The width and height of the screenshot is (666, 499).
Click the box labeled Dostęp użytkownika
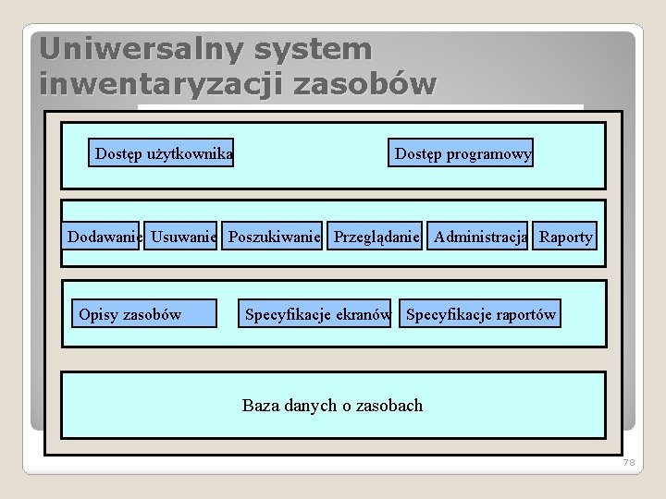[x=163, y=153]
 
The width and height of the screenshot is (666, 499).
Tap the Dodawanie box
[x=103, y=237]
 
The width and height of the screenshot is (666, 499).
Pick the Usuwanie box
[x=183, y=237]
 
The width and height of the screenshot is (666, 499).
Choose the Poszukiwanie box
[x=274, y=237]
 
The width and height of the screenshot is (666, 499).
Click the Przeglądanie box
[x=376, y=237]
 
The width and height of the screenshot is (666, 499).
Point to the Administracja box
[x=479, y=237]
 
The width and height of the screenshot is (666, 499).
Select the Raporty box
[x=565, y=237]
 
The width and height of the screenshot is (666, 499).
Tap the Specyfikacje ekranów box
[x=316, y=314]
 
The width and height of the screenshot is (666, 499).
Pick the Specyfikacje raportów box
[x=480, y=314]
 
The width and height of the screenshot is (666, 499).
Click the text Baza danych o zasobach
[x=332, y=405]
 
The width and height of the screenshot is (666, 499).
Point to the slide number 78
[x=629, y=462]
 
